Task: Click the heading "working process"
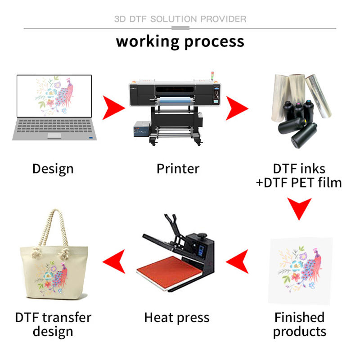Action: (x=180, y=41)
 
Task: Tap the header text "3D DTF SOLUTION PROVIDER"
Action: (x=180, y=19)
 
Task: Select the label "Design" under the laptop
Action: (x=53, y=169)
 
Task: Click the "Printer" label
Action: (x=178, y=169)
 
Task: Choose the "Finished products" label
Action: (x=299, y=324)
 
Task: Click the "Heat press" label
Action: (x=176, y=318)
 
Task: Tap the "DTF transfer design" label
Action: (x=53, y=324)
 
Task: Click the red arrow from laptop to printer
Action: (x=113, y=108)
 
